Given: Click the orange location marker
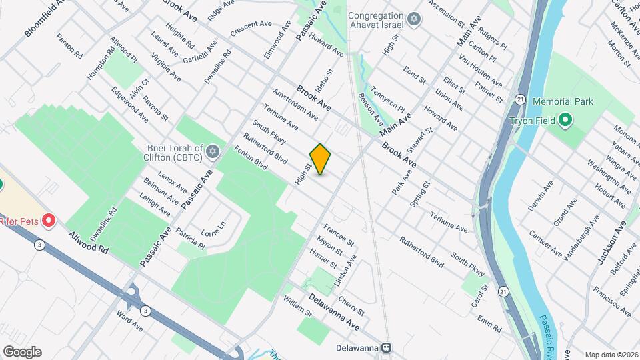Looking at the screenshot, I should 321,159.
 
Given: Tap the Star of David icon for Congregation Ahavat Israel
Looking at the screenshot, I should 414,19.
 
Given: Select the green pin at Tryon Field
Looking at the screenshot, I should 565,121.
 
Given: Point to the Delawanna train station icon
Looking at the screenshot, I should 385,348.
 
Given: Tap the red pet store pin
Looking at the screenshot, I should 48,220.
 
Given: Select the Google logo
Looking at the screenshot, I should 22,352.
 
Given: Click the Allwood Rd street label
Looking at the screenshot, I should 87,243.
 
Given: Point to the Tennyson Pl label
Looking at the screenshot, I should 387,97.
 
